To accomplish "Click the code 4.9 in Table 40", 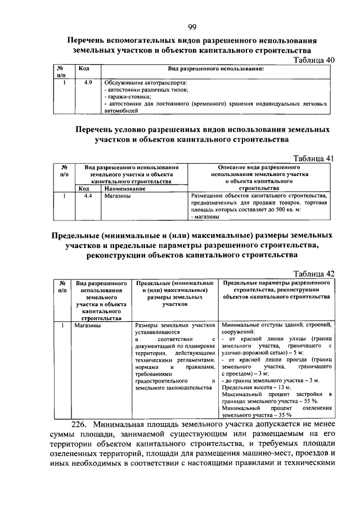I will coord(88,83).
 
